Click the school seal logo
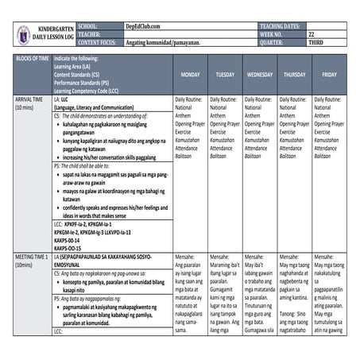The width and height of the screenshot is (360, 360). click(x=25, y=35)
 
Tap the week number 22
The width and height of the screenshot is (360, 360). click(x=312, y=35)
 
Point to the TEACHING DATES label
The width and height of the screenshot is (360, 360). click(x=282, y=26)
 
